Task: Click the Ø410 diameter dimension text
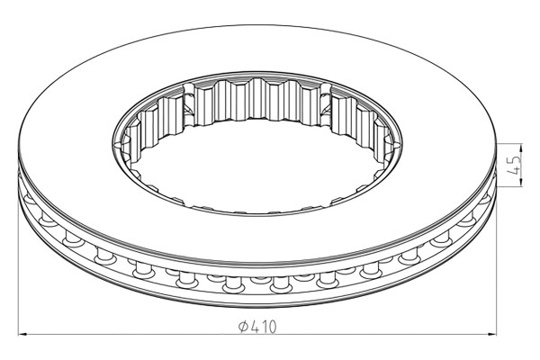pyautogui.click(x=257, y=326)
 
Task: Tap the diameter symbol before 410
pyautogui.click(x=244, y=326)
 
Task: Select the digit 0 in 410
pyautogui.click(x=272, y=326)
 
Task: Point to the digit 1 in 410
pyautogui.click(x=264, y=326)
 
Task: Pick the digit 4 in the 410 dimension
pyautogui.click(x=255, y=326)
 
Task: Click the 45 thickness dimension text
pyautogui.click(x=515, y=165)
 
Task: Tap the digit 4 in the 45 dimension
pyautogui.click(x=515, y=170)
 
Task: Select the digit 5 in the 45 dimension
pyautogui.click(x=515, y=160)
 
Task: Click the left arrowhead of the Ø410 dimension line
pyautogui.click(x=22, y=334)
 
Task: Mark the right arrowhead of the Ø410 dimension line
pyautogui.click(x=491, y=334)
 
